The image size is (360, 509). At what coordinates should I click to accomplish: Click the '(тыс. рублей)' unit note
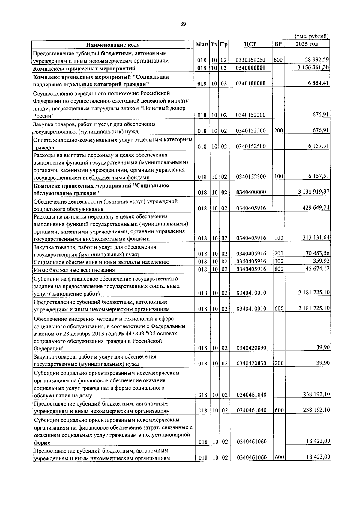coord(312,36)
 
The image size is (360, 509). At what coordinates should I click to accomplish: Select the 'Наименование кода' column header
coord(113,45)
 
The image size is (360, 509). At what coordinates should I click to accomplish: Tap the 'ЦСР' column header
coord(250,44)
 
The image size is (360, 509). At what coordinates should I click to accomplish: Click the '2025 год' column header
coord(307,44)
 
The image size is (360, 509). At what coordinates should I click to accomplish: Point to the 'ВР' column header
coord(278,44)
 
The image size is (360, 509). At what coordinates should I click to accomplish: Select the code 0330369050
coord(250,60)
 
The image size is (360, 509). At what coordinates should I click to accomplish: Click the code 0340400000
coord(251,192)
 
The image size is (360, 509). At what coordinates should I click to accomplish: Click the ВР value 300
coord(278,261)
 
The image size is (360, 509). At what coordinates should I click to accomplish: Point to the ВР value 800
coord(278,269)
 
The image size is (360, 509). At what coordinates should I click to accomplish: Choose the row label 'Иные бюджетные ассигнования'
coord(74,270)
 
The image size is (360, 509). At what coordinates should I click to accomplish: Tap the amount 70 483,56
coord(317,254)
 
